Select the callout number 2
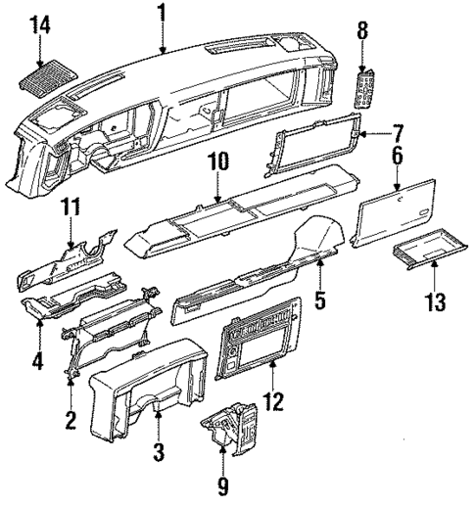point(71,421)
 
